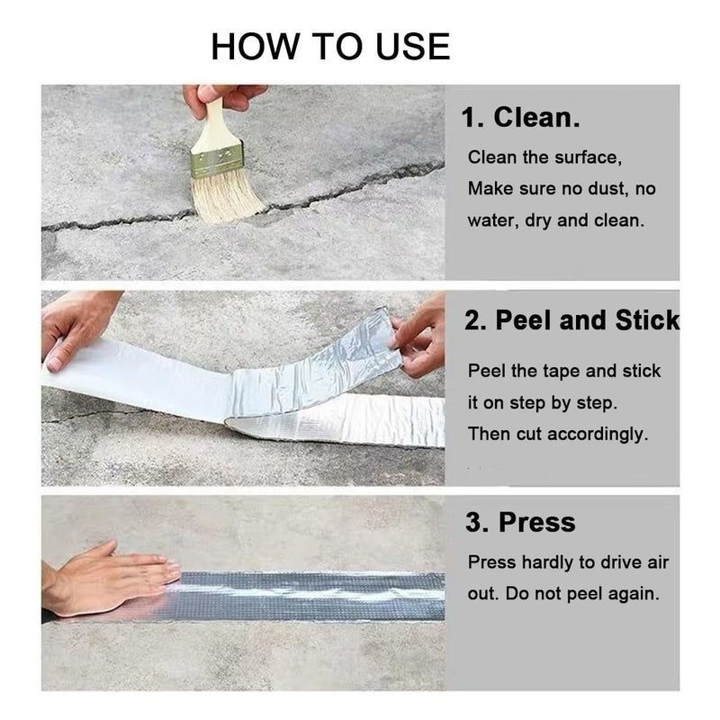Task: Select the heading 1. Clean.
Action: [520, 117]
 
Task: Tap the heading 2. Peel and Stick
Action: [571, 321]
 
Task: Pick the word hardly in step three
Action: [549, 562]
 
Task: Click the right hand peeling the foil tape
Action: [421, 337]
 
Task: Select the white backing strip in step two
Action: [144, 378]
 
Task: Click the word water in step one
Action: [491, 220]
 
